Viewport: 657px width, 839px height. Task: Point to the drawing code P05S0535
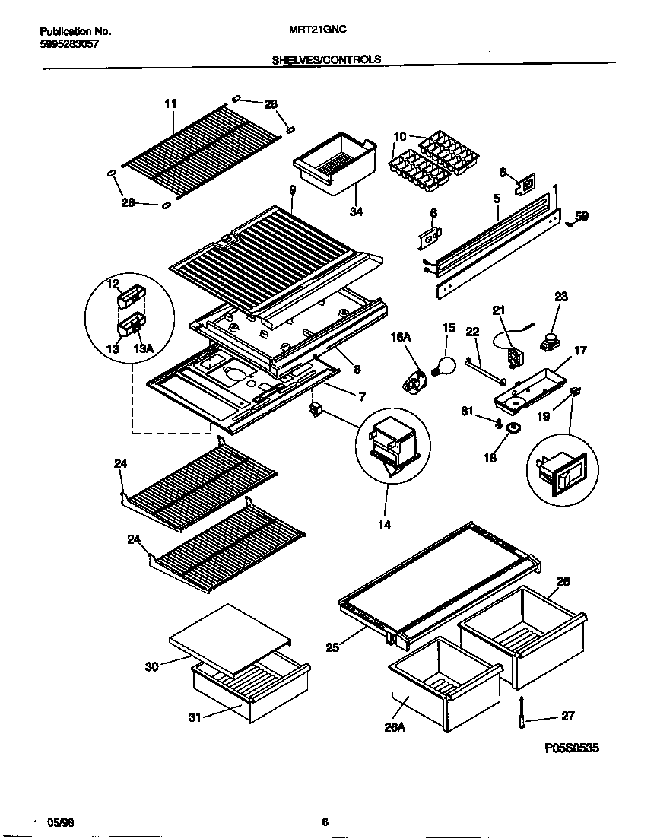click(572, 748)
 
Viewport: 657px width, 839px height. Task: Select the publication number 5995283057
click(68, 44)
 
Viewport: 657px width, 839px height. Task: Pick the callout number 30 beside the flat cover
click(153, 667)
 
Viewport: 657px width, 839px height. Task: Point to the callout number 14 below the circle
click(385, 524)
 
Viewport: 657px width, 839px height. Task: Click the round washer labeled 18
click(513, 430)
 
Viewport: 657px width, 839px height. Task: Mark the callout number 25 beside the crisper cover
click(332, 647)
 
